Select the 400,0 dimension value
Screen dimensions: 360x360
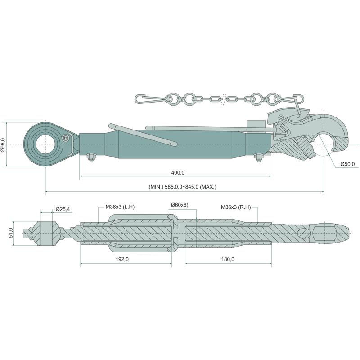(178, 173)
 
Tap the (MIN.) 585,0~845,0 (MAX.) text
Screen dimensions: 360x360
(184, 187)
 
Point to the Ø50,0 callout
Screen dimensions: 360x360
(347, 164)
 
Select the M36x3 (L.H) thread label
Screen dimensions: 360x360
(120, 207)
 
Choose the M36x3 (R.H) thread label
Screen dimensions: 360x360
(236, 207)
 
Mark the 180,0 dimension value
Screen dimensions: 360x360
(228, 259)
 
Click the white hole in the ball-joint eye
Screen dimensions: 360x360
(46, 144)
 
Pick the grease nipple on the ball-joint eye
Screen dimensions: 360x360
(66, 138)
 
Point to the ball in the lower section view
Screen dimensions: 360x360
(47, 233)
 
